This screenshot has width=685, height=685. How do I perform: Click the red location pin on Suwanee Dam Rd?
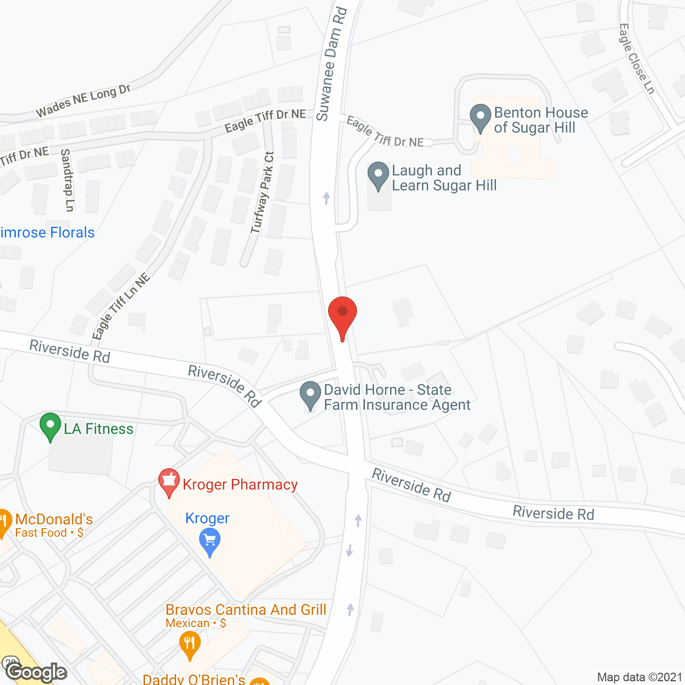pos(342,315)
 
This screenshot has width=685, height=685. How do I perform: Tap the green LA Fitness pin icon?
pos(50,427)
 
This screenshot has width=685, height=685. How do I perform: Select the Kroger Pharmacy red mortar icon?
pos(169,482)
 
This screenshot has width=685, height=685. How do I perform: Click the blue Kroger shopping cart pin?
pos(209,541)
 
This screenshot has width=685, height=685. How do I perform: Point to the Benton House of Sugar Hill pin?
pos(480,117)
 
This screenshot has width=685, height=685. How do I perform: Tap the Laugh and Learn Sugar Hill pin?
pos(378,175)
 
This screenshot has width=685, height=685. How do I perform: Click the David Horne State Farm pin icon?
pos(310,395)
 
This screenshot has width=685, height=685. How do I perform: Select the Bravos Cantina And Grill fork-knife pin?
pos(189,644)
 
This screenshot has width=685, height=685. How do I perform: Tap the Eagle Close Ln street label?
pos(636,58)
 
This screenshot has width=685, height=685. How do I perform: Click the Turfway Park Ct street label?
pos(262,193)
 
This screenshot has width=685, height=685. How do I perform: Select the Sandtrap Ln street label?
pos(66,180)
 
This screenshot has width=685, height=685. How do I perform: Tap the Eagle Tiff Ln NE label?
pos(120,307)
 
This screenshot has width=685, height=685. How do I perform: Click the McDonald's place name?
pos(54,519)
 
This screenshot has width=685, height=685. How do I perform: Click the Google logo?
pos(36,672)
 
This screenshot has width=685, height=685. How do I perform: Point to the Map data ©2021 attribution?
pos(639,678)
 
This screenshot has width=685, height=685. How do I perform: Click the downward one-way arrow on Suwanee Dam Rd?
pos(349,550)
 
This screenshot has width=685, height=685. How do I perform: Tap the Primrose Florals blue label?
pos(47,232)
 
